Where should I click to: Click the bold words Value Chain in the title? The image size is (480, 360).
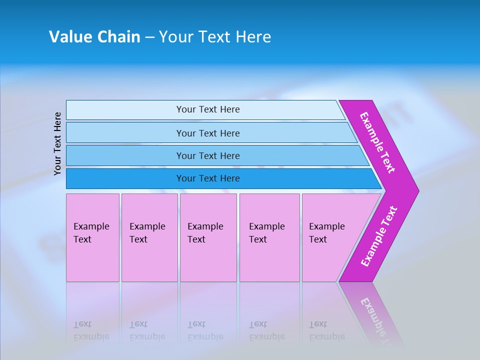pos(94,37)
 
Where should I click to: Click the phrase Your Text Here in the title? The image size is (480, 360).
pos(214,37)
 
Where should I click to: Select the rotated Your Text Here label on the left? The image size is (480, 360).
pos(57,143)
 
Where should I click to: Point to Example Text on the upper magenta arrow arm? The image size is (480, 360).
pos(377,142)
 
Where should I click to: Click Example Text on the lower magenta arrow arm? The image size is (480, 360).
pos(379,236)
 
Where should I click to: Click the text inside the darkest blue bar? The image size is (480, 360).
pos(208,178)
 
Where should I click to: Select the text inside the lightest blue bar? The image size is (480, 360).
pos(208,109)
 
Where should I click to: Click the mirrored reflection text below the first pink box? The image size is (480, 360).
pos(91,331)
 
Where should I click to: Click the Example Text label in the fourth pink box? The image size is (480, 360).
pos(266,233)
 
